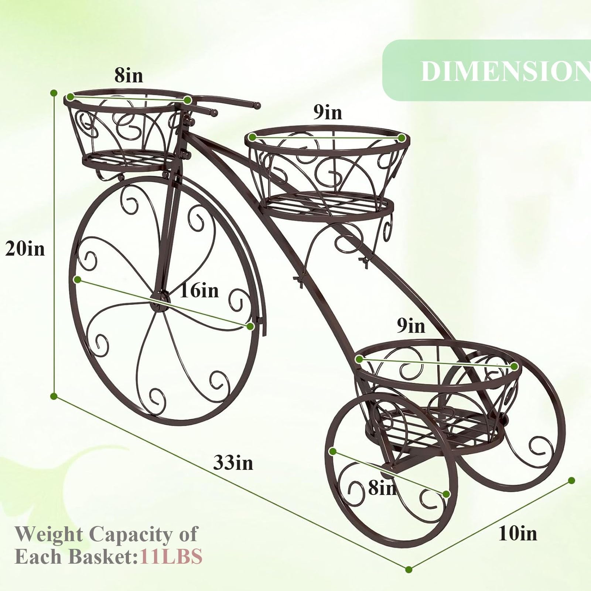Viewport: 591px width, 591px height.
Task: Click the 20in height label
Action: pos(25,249)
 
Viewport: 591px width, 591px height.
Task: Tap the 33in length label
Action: pos(233,462)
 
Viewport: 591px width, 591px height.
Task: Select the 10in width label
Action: pos(518,533)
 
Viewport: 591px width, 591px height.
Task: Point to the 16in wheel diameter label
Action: pos(199,290)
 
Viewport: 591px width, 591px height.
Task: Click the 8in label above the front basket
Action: pos(129,75)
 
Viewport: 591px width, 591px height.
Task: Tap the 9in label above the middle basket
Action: pos(328,112)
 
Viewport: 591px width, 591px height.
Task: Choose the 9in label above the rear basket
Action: pos(411,325)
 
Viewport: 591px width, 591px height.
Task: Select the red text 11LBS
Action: pos(171,556)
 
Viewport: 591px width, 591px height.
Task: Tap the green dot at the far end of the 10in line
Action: pos(571,480)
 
